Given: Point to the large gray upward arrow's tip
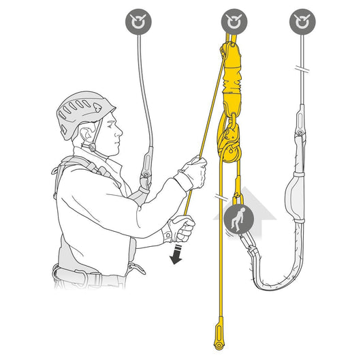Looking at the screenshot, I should click(x=250, y=193).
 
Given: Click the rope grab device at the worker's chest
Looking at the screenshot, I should click(x=145, y=178).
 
